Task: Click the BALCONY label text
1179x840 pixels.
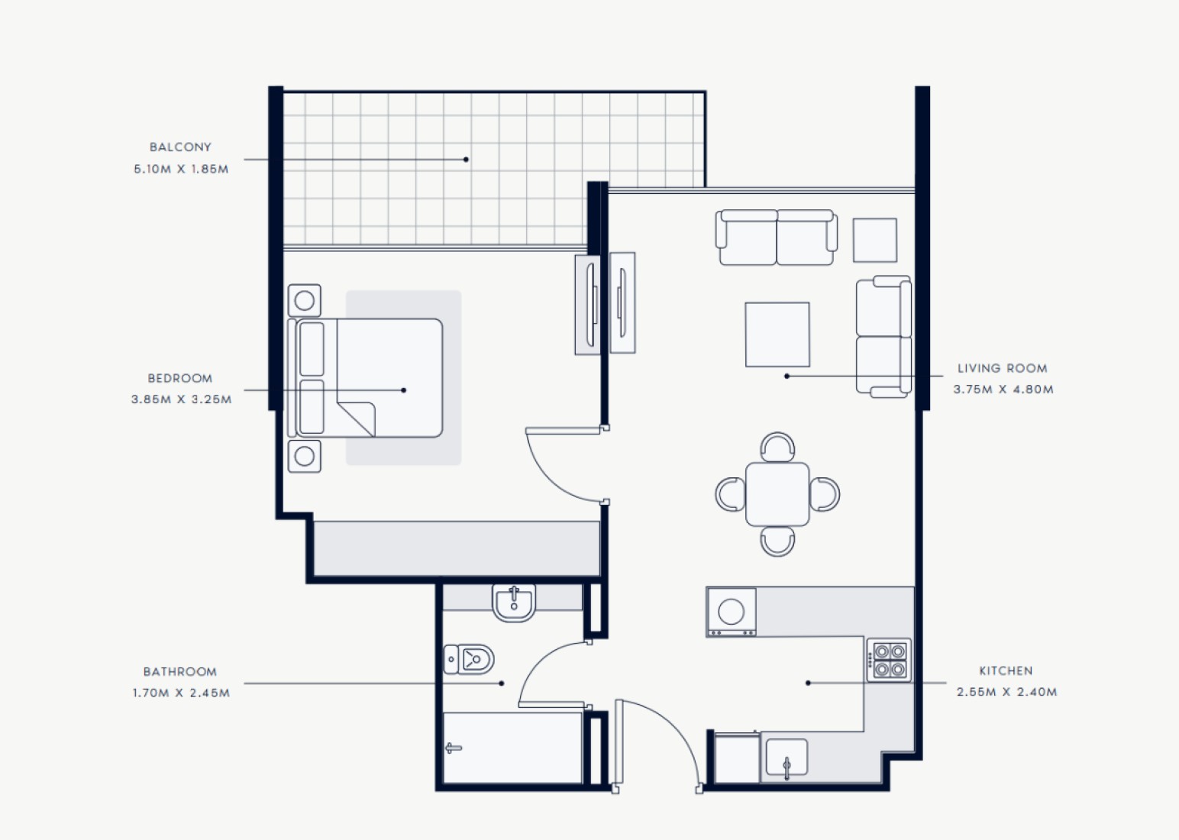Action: click(x=180, y=147)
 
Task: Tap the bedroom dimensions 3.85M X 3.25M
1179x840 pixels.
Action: click(x=181, y=399)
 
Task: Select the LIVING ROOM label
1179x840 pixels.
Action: click(x=1002, y=368)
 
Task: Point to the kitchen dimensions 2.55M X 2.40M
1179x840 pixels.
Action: click(x=1006, y=692)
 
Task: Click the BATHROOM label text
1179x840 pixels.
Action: click(x=180, y=671)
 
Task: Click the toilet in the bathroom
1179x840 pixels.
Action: click(x=468, y=660)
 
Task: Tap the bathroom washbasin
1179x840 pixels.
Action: click(x=514, y=603)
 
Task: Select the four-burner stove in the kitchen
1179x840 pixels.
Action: click(x=889, y=660)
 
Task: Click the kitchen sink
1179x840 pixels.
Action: click(x=787, y=758)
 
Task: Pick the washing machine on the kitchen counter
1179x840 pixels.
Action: click(x=731, y=612)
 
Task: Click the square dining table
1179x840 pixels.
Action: click(x=777, y=494)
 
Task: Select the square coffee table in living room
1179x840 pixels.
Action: click(x=777, y=334)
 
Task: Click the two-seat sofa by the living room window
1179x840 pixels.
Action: click(x=777, y=237)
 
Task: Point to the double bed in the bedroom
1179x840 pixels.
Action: click(x=365, y=378)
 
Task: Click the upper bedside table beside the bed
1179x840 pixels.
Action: click(x=304, y=301)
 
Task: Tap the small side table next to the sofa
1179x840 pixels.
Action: click(x=875, y=240)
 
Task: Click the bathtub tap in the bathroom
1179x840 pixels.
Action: click(x=453, y=748)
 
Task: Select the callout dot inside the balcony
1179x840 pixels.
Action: click(x=466, y=160)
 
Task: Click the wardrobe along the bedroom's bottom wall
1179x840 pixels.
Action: click(x=457, y=549)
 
